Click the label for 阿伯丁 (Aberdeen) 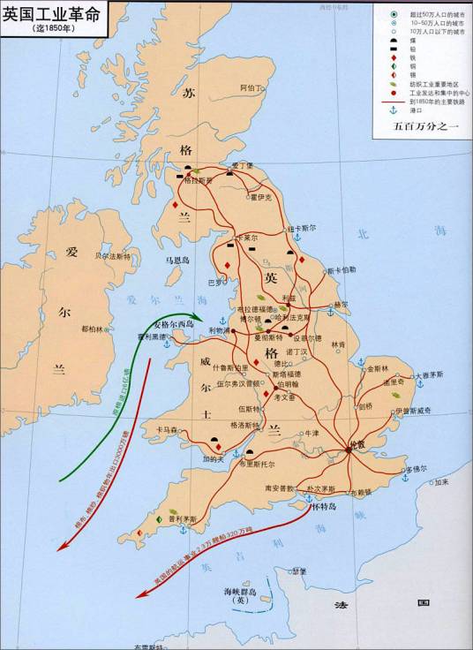point(252,88)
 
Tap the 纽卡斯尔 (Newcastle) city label point(302,228)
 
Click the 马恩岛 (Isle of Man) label point(177,261)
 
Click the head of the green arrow point(200,319)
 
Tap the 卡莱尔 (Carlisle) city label point(246,238)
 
